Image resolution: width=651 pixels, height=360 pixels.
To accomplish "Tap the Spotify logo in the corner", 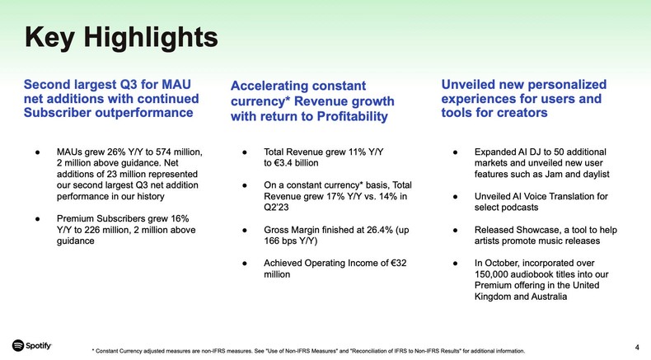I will coord(32,345).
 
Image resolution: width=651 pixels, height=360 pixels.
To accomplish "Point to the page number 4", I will coord(638,346).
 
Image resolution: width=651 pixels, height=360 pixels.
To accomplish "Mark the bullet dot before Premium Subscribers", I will coord(38,219).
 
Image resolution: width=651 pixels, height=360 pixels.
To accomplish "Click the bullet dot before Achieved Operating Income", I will coord(245,264).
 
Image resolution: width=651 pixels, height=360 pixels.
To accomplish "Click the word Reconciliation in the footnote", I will coord(381,351).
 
